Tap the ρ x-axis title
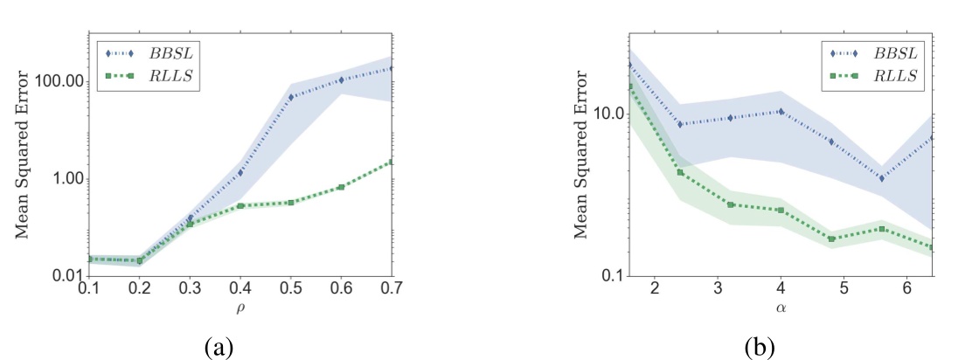click(239, 307)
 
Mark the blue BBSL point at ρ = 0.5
click(290, 96)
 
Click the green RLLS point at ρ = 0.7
click(391, 162)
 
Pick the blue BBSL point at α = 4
click(781, 112)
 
